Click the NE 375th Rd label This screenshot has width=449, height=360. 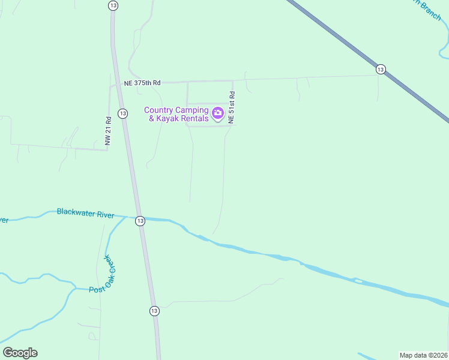(142, 83)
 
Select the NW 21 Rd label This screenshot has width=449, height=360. (108, 130)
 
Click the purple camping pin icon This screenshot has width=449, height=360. (218, 112)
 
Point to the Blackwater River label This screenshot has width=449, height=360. (85, 213)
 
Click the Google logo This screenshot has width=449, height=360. (20, 353)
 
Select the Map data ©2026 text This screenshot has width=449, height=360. (423, 355)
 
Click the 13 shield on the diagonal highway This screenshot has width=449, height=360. (381, 70)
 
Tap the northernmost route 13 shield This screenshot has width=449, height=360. (113, 5)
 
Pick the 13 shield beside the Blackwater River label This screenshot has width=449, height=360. (139, 220)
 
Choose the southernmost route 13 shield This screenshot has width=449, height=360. (154, 311)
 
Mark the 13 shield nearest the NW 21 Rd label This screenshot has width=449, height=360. (122, 113)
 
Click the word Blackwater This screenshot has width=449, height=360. (76, 212)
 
